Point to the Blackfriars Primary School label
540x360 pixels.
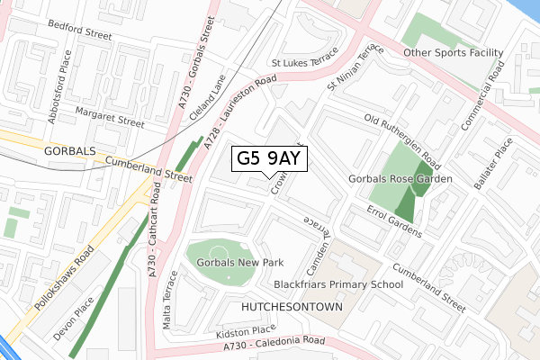pyautogui.click(x=338, y=285)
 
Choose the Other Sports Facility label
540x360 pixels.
pyautogui.click(x=452, y=53)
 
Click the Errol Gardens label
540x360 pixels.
pyautogui.click(x=394, y=220)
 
